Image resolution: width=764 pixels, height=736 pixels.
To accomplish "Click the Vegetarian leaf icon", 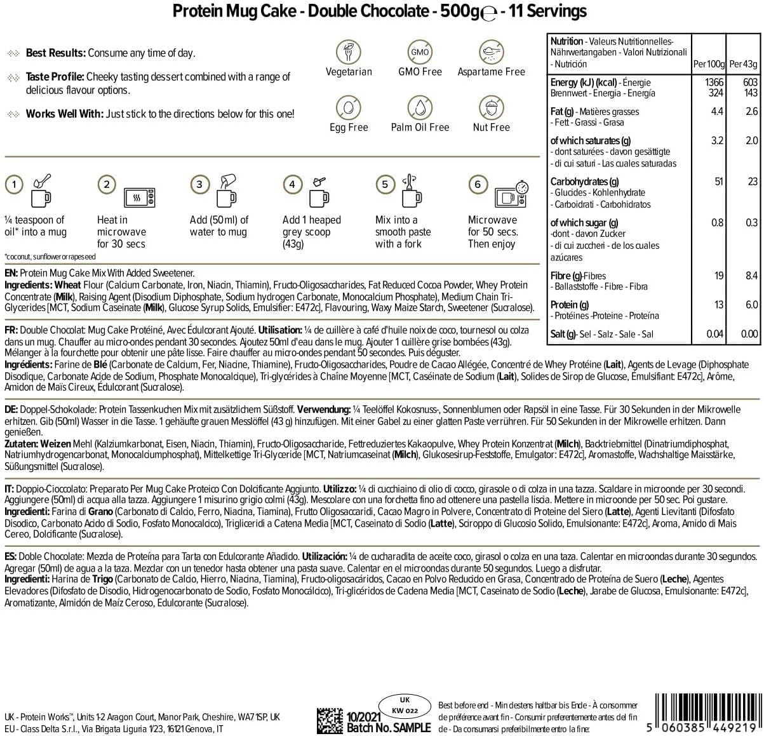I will tap(349, 51).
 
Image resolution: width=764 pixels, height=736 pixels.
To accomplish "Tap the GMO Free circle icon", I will tap(420, 51).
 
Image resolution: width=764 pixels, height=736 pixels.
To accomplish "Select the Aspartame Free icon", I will tap(491, 51).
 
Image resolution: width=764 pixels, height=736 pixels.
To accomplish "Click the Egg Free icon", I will tap(349, 107).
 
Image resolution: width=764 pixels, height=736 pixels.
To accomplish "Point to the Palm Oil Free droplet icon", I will tap(420, 107).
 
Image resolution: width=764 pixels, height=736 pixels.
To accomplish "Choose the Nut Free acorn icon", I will tap(491, 107).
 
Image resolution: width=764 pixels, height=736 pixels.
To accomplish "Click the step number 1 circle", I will tap(14, 185).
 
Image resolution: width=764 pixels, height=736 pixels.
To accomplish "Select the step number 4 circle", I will tap(292, 185).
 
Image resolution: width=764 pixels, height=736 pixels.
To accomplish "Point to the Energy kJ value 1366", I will tap(714, 83).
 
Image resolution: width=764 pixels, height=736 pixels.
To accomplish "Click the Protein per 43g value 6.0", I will tap(751, 305).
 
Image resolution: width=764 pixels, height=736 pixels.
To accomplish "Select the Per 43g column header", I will tap(743, 64).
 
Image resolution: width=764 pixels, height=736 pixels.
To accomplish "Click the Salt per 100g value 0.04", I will tap(714, 334).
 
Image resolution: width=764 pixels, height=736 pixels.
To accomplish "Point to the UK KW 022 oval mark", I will tap(405, 706).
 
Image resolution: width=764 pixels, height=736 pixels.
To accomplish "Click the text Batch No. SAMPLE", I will tap(388, 728).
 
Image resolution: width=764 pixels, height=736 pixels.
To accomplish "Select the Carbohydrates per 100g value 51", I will tap(718, 182).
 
